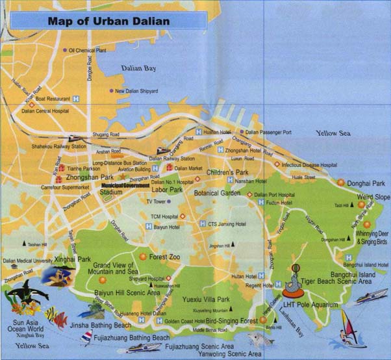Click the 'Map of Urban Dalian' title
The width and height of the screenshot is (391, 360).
pyautogui.click(x=108, y=21)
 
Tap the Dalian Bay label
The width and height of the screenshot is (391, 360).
pyautogui.click(x=140, y=68)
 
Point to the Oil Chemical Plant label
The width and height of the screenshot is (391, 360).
pyautogui.click(x=87, y=50)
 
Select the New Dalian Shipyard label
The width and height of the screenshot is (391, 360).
pyautogui.click(x=136, y=91)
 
